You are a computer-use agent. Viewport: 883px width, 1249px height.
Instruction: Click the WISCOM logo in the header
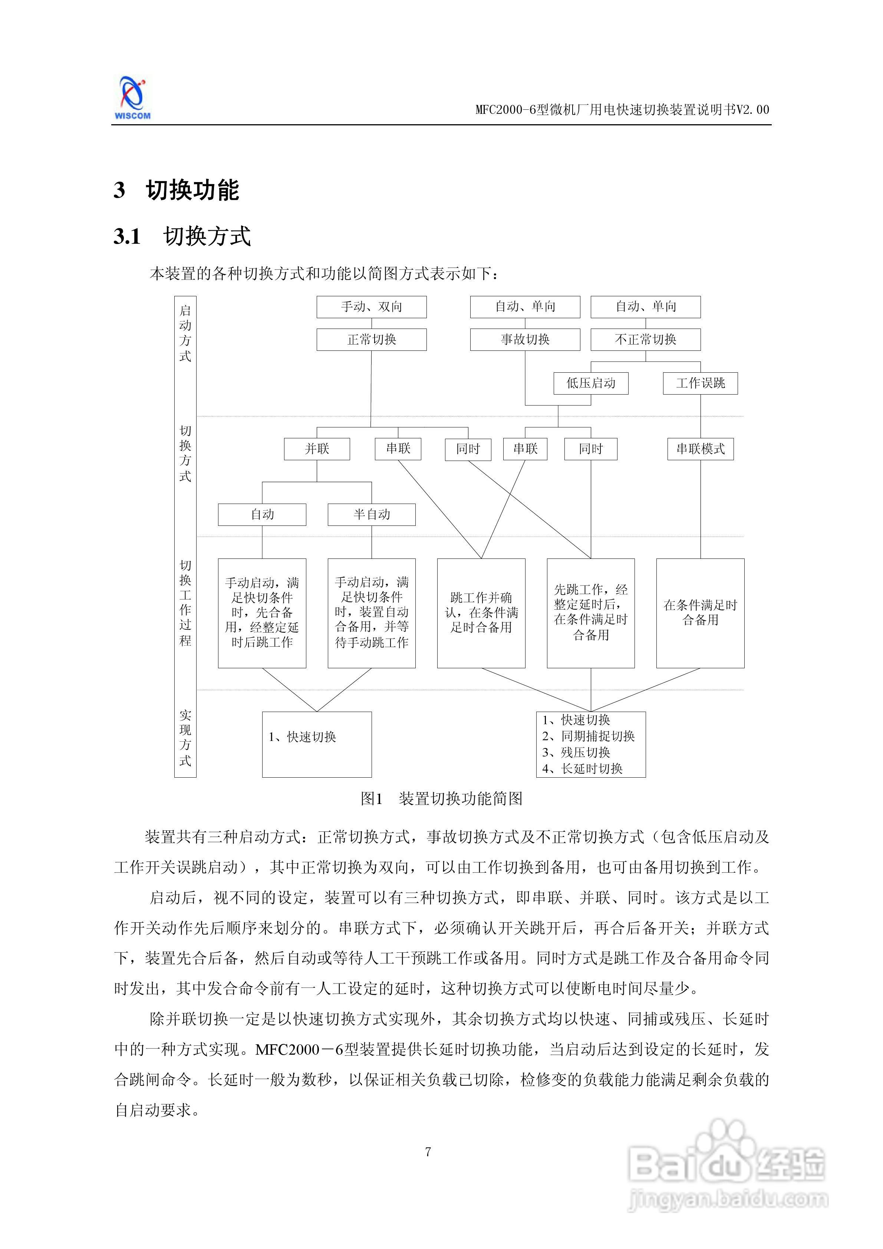pyautogui.click(x=132, y=98)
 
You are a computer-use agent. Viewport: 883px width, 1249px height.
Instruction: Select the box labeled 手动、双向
pyautogui.click(x=372, y=307)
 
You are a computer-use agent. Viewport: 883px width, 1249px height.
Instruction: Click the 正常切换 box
pyautogui.click(x=372, y=339)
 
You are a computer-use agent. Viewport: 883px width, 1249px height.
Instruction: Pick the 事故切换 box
pyautogui.click(x=525, y=339)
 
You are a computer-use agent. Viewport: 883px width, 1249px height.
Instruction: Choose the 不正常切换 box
pyautogui.click(x=645, y=339)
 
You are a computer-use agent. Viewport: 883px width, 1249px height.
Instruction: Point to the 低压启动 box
pyautogui.click(x=591, y=383)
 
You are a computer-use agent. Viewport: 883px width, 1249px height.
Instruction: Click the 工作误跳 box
pyautogui.click(x=700, y=383)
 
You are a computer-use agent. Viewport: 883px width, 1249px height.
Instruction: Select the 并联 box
pyautogui.click(x=317, y=449)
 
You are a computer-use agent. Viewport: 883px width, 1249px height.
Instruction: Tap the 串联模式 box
pyautogui.click(x=700, y=449)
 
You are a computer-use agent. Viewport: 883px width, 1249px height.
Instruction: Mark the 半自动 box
pyautogui.click(x=372, y=514)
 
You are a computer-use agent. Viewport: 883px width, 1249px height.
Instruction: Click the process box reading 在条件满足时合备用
pyautogui.click(x=700, y=613)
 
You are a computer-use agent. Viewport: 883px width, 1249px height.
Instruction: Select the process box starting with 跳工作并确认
pyautogui.click(x=481, y=613)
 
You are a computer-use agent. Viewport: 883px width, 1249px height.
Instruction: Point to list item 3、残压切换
pyautogui.click(x=576, y=752)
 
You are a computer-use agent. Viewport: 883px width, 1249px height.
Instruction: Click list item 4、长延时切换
pyautogui.click(x=582, y=769)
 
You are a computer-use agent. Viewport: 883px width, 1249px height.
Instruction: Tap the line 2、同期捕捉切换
pyautogui.click(x=588, y=736)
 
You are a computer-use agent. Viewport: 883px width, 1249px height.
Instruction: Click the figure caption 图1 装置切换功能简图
pyautogui.click(x=441, y=798)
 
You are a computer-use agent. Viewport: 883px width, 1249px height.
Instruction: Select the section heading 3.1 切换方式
pyautogui.click(x=182, y=237)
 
